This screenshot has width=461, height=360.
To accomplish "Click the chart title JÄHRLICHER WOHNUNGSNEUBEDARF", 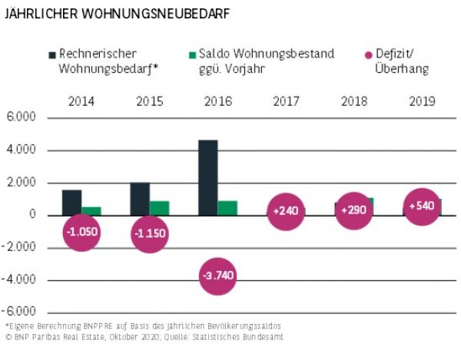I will point(116,15).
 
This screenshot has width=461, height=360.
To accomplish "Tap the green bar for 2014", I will point(91,210).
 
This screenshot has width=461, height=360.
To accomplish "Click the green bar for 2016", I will point(227,207).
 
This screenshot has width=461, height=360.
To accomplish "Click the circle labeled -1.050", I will point(82,232).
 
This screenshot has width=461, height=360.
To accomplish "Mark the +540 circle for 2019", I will point(422,206).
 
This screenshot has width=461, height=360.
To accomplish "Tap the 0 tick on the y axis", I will point(33,215).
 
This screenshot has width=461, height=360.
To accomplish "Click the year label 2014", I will point(81,101).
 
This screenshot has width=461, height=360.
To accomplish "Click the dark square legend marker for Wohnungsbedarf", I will point(51,54).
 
